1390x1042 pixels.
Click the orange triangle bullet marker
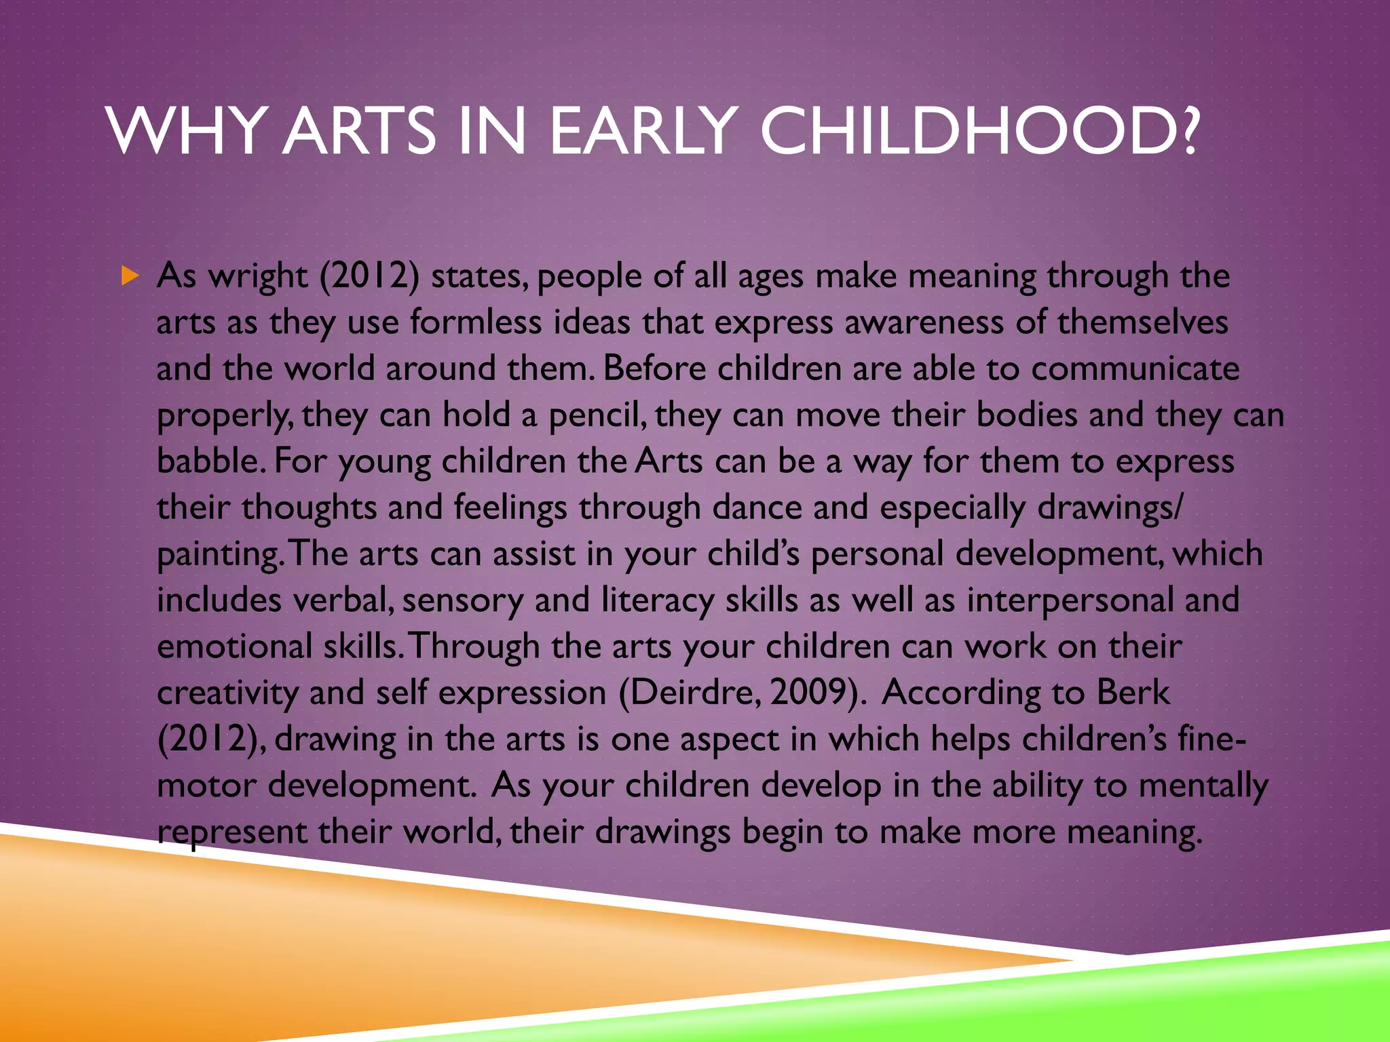click(x=130, y=276)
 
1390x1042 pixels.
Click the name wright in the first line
click(x=258, y=277)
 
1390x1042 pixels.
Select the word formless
click(x=476, y=322)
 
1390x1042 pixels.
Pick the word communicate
click(x=1135, y=369)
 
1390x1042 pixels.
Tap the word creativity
click(x=227, y=693)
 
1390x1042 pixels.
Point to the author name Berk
click(x=1133, y=693)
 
